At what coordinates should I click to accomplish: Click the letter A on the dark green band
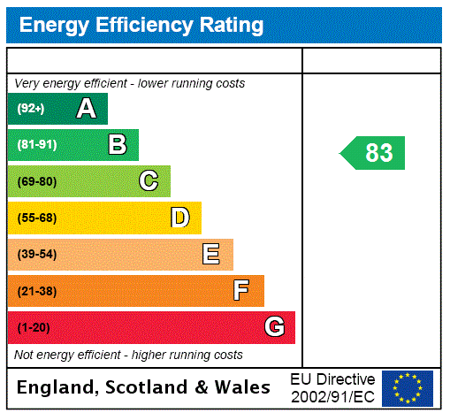86,109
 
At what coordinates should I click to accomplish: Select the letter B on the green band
118,144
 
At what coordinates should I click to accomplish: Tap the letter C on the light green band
149,181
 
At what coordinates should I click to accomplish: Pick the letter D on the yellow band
179,218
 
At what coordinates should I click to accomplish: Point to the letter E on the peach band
211,255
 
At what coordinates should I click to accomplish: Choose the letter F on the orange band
241,291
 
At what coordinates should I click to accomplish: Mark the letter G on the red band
274,327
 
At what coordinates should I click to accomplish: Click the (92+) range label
31,109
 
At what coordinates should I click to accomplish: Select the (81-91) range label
36,144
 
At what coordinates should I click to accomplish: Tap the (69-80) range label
36,181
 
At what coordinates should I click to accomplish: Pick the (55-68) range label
36,218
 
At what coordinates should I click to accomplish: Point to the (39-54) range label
36,255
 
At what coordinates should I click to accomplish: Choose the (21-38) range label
36,291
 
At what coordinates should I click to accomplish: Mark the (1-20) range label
34,327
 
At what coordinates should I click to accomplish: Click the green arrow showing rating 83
374,153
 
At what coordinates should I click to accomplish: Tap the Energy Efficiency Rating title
141,26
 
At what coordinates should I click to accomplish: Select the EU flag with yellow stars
408,388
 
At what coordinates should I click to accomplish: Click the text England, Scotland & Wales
144,387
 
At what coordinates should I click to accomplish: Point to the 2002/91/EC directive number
332,396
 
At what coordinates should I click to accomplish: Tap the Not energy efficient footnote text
129,355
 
